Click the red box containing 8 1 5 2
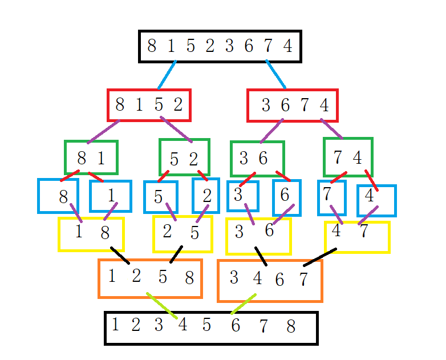click(149, 105)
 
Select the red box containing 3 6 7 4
click(293, 106)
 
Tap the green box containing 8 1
click(91, 157)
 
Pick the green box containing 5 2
click(184, 157)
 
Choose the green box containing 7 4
click(348, 157)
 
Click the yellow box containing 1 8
click(91, 234)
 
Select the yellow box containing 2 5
click(183, 233)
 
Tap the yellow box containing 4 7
click(357, 237)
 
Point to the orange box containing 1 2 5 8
click(150, 278)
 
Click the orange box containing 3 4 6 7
click(270, 280)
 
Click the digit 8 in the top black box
click(151, 46)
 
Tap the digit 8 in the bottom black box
click(291, 327)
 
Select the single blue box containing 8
click(58, 196)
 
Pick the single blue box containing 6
click(286, 197)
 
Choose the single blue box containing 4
click(376, 200)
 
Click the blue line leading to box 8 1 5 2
click(167, 75)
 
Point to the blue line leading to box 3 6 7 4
click(275, 74)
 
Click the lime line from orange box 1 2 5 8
click(161, 305)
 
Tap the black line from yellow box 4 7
click(319, 257)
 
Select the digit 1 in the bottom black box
click(116, 325)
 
